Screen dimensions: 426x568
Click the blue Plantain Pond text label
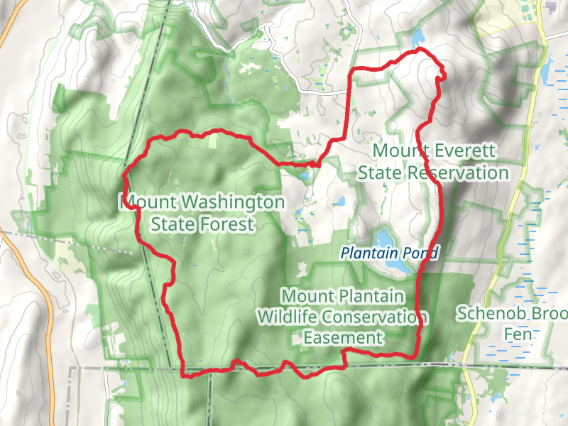pyautogui.click(x=390, y=252)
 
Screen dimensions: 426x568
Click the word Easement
pyautogui.click(x=343, y=338)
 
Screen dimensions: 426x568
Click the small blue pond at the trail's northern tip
pyautogui.click(x=417, y=35)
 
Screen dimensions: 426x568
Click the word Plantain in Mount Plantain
pyautogui.click(x=371, y=295)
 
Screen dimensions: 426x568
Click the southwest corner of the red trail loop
pyautogui.click(x=186, y=373)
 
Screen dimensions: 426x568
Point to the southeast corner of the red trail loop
pyautogui.click(x=415, y=354)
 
